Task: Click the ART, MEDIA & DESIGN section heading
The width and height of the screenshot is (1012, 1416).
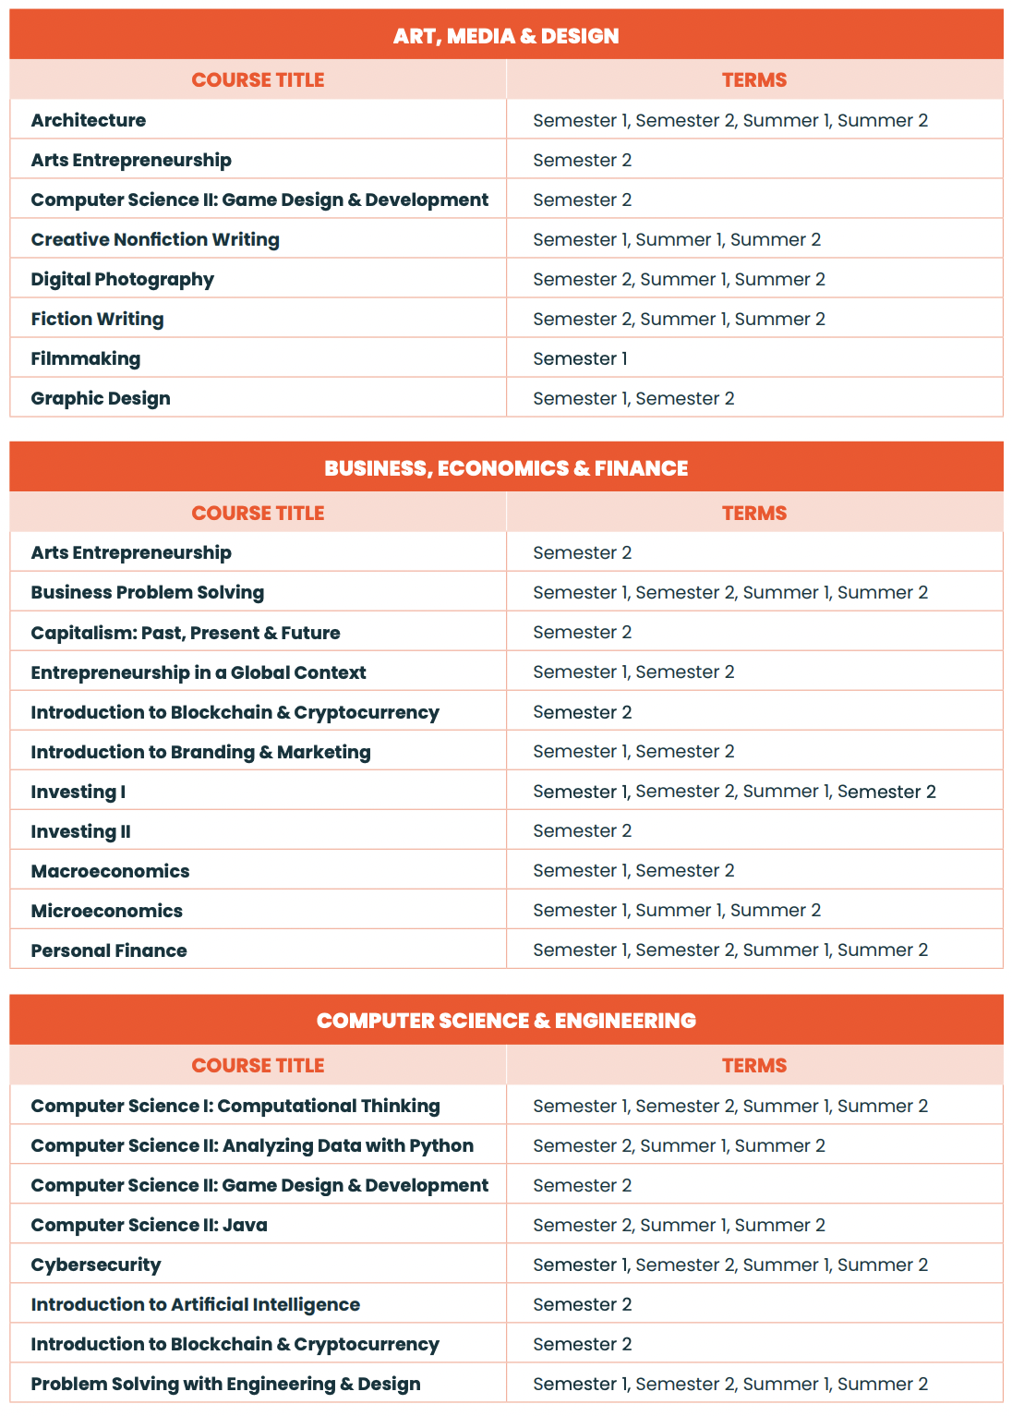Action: pyautogui.click(x=506, y=36)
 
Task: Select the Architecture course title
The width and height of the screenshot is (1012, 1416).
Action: pyautogui.click(x=89, y=120)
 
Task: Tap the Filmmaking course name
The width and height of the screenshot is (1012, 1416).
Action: pyautogui.click(x=86, y=358)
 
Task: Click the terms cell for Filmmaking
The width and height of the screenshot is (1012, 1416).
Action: pyautogui.click(x=580, y=358)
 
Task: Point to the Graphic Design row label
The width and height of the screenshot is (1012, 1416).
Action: pyautogui.click(x=101, y=398)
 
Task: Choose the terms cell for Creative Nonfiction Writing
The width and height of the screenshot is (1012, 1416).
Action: pyautogui.click(x=677, y=239)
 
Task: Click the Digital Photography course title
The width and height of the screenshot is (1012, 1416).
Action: pyautogui.click(x=123, y=279)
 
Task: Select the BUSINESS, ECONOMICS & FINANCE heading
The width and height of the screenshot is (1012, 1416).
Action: pyautogui.click(x=506, y=468)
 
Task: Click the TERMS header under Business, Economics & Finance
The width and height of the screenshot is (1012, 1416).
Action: pyautogui.click(x=754, y=513)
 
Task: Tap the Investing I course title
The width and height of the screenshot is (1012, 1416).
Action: pyautogui.click(x=78, y=792)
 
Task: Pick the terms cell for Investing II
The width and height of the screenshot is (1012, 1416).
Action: pyautogui.click(x=583, y=830)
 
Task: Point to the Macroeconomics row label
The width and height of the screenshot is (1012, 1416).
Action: pyautogui.click(x=110, y=871)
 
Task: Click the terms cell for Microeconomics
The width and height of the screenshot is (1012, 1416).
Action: pyautogui.click(x=677, y=910)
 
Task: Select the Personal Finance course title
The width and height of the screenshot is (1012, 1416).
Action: pyautogui.click(x=109, y=950)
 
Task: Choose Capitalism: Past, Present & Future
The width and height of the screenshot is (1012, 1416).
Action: pyautogui.click(x=186, y=633)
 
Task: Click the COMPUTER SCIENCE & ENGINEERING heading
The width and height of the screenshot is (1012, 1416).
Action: pyautogui.click(x=506, y=1021)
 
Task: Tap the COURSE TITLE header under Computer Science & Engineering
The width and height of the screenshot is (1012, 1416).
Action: pyautogui.click(x=258, y=1065)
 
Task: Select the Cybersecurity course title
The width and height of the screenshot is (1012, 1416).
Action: pyautogui.click(x=96, y=1265)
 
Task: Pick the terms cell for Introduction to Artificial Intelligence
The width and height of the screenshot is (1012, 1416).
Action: pyautogui.click(x=583, y=1304)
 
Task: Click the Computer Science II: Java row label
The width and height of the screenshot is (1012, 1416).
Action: pyautogui.click(x=149, y=1225)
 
